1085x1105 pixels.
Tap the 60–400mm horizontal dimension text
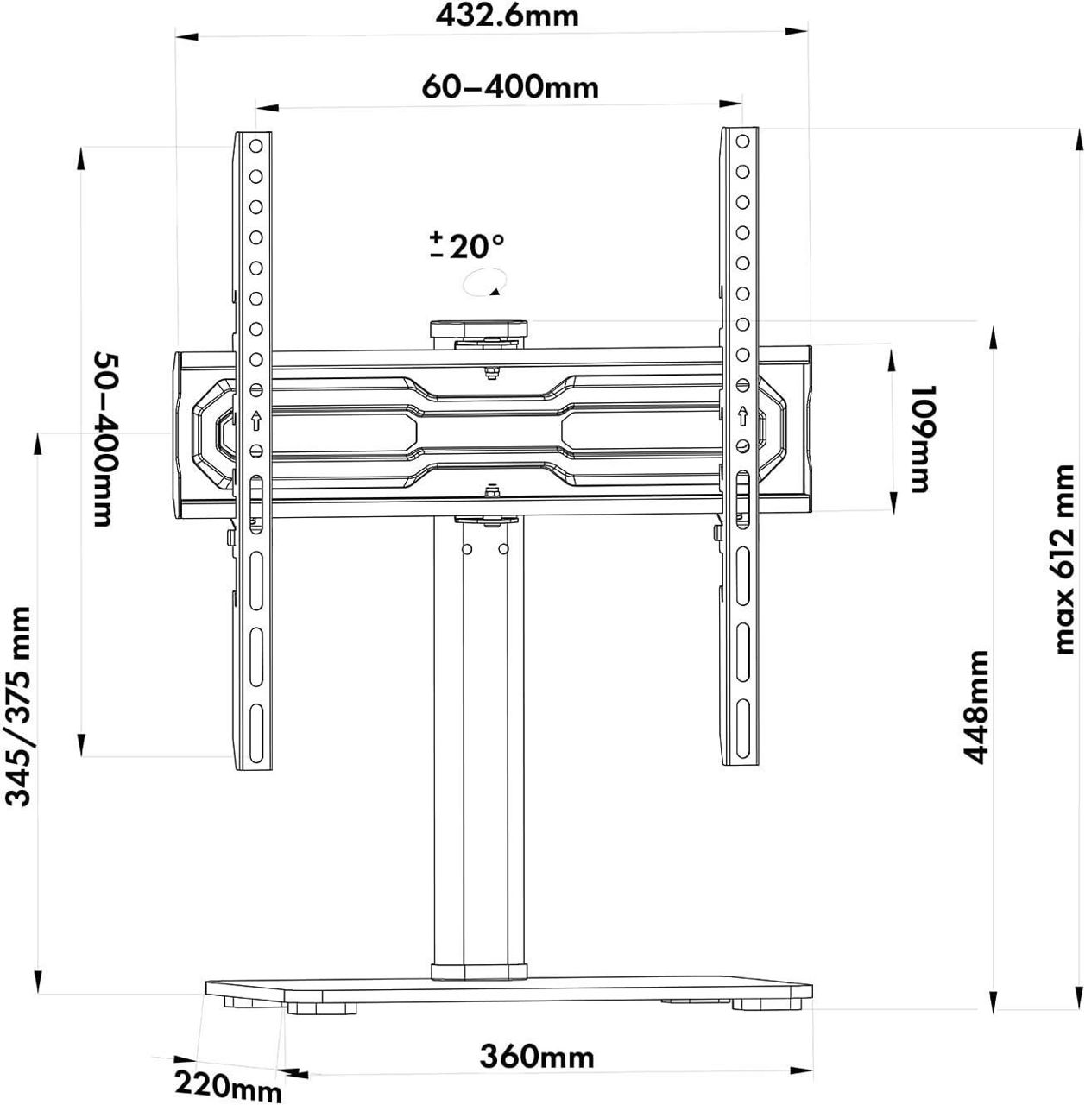coord(509,87)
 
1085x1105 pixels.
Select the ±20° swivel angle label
coord(466,246)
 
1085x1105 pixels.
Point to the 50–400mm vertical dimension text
coord(103,439)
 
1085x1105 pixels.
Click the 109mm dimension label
coord(919,439)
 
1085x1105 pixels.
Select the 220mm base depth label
coord(229,1085)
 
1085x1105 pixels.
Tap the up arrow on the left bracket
coord(255,421)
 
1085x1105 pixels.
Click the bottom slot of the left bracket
coord(255,722)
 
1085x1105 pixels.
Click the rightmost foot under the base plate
coord(765,1005)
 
